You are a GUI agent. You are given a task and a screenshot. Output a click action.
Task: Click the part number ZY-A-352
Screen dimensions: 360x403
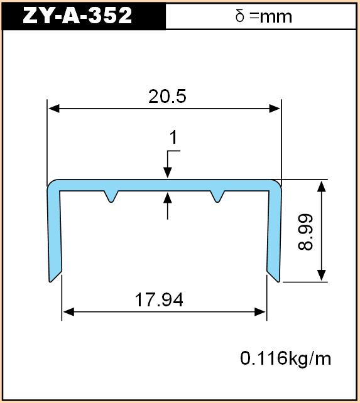[77, 16]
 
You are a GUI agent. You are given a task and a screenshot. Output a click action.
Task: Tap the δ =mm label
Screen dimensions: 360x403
[263, 16]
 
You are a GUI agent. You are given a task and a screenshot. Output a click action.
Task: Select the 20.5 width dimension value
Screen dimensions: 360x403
[167, 97]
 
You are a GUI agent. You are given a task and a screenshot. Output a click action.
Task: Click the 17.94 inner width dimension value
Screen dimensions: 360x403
[159, 299]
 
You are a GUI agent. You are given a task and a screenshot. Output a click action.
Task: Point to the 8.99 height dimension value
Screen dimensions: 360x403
[305, 232]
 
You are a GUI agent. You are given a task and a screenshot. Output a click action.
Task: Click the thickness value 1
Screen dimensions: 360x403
[173, 137]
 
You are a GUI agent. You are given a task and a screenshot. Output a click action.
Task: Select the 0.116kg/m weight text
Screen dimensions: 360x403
[285, 358]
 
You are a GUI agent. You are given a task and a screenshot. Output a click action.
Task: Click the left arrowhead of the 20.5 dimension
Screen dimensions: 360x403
[54, 109]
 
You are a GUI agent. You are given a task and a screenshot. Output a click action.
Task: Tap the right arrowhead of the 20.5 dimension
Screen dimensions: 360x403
[275, 109]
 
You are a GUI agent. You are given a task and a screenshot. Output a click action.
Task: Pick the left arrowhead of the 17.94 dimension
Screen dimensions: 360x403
[68, 312]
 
